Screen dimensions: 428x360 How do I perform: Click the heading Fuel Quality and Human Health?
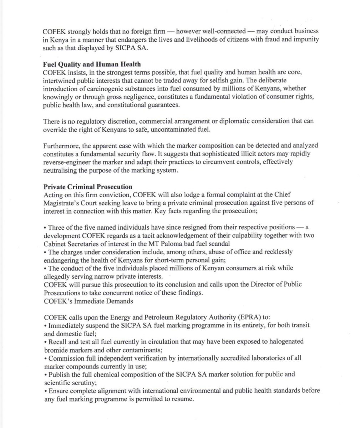tap(91, 64)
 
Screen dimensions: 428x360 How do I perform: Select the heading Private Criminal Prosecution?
tap(88, 187)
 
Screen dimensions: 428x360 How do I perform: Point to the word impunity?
tap(297, 40)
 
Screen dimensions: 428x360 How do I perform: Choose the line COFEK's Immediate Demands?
tap(83, 301)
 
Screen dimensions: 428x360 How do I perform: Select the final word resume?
tap(184, 399)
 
